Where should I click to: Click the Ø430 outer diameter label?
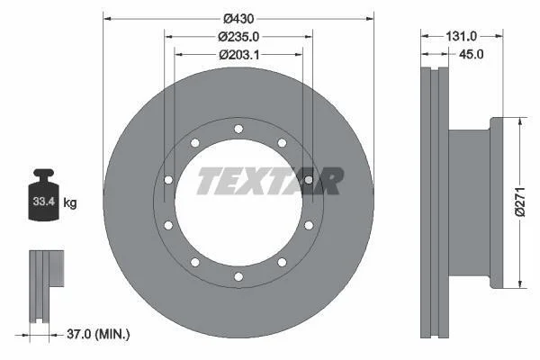[x=238, y=19]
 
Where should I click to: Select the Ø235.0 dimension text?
[x=238, y=37]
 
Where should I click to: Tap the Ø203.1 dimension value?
[x=239, y=54]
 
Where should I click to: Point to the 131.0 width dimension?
[x=461, y=36]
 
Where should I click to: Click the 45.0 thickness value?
[x=471, y=54]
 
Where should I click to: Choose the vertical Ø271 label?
[x=519, y=202]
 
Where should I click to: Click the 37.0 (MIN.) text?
[x=98, y=334]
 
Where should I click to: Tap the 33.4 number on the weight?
[x=44, y=202]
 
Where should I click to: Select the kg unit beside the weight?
[x=70, y=202]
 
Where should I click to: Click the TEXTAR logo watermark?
[x=270, y=181]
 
